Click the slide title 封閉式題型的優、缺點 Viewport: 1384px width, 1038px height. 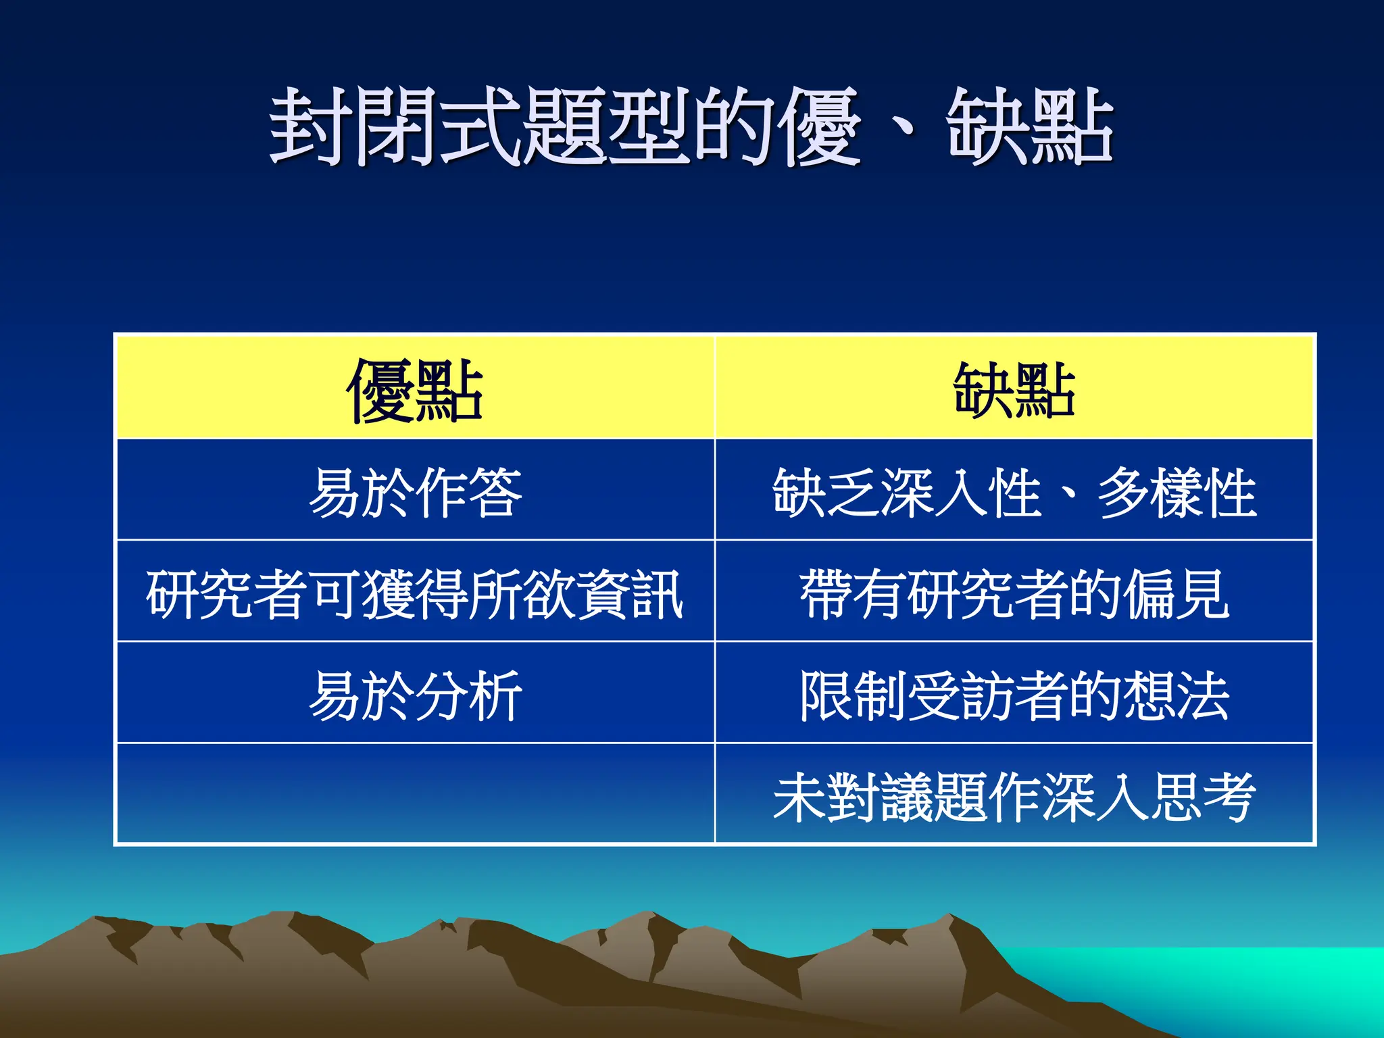click(x=691, y=127)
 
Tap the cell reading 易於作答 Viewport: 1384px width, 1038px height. click(x=415, y=492)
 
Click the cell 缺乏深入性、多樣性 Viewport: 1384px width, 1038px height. click(x=1014, y=492)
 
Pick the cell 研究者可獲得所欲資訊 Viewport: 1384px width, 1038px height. click(x=415, y=593)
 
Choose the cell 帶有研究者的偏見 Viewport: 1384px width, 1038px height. click(x=1014, y=593)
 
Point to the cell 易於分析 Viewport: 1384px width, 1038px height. click(x=415, y=695)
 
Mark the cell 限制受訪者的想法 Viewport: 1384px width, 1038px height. click(x=1014, y=695)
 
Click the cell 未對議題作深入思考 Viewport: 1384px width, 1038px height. click(x=1014, y=796)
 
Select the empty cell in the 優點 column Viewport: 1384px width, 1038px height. click(x=415, y=795)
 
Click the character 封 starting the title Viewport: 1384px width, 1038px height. click(x=311, y=127)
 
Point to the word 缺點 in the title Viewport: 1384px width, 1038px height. click(x=1029, y=127)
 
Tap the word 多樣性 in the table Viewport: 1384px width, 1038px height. click(x=1176, y=492)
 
